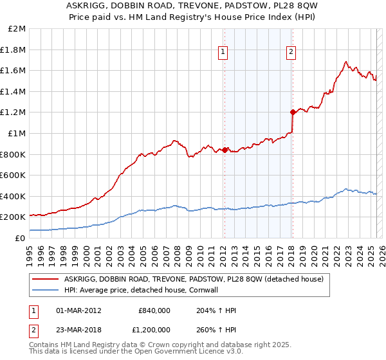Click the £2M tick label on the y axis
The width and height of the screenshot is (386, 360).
coord(17,29)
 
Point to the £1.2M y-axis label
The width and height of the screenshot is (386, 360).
coord(14,113)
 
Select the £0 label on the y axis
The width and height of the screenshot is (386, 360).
coord(20,238)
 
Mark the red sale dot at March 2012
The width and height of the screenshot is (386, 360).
coord(225,150)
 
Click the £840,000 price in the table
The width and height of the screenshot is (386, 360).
coord(154,310)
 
